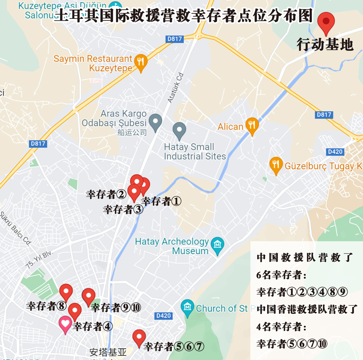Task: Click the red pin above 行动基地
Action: coord(326,21)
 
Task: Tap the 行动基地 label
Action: coord(325,44)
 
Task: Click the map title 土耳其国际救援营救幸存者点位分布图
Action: coord(183,16)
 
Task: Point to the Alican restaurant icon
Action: coord(252,126)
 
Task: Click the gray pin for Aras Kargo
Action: coord(156,122)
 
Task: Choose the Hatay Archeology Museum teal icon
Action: coord(218,245)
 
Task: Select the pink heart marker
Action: coord(65,324)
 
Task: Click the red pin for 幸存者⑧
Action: coord(66,292)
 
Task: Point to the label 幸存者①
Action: coord(162,201)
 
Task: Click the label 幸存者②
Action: coord(106,195)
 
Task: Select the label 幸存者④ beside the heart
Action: coord(93,326)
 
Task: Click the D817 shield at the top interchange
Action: coord(175,39)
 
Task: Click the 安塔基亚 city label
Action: coord(108,352)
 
